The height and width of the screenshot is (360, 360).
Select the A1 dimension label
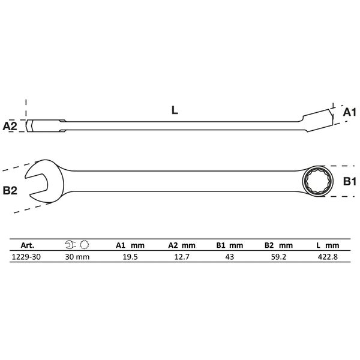347,112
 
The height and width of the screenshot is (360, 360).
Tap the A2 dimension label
10,127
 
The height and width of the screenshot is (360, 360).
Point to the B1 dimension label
348,181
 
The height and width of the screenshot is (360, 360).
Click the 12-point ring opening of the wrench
314,180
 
